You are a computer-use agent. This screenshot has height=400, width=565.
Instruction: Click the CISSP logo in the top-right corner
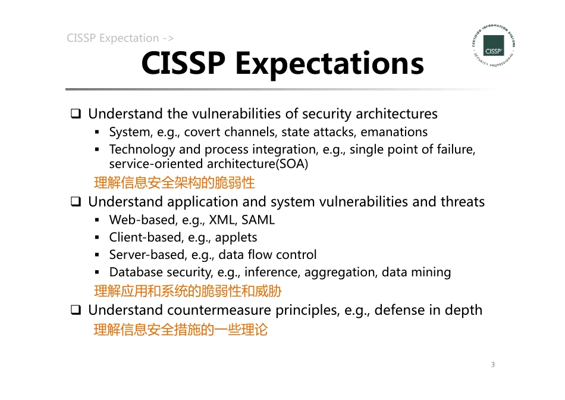[x=493, y=46]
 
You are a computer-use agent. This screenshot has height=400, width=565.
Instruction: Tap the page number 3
[x=493, y=364]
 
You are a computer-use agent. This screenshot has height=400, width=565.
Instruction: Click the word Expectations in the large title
[x=329, y=64]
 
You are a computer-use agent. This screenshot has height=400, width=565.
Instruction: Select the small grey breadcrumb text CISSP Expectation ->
[x=120, y=39]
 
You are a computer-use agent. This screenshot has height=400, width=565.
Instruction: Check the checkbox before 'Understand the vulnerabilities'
[x=76, y=114]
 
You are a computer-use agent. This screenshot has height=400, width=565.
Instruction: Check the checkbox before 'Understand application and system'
[x=76, y=202]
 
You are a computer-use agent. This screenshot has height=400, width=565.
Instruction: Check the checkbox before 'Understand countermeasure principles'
[x=76, y=310]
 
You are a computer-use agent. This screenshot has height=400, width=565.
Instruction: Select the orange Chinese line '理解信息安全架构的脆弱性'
[x=174, y=182]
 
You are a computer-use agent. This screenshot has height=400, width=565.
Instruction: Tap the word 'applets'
[x=236, y=237]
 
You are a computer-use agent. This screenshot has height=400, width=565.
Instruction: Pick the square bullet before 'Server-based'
[x=97, y=255]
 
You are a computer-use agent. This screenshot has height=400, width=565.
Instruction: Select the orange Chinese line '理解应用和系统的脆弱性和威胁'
[x=187, y=291]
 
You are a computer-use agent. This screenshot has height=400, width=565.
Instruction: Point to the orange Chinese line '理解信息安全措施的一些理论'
[x=181, y=329]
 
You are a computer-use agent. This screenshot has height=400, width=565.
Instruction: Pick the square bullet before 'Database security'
[x=97, y=273]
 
